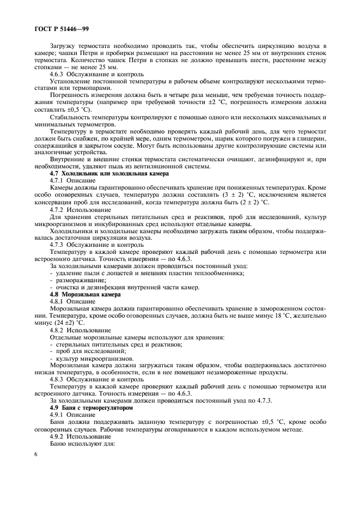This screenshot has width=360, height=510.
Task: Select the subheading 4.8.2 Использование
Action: point(81,330)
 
